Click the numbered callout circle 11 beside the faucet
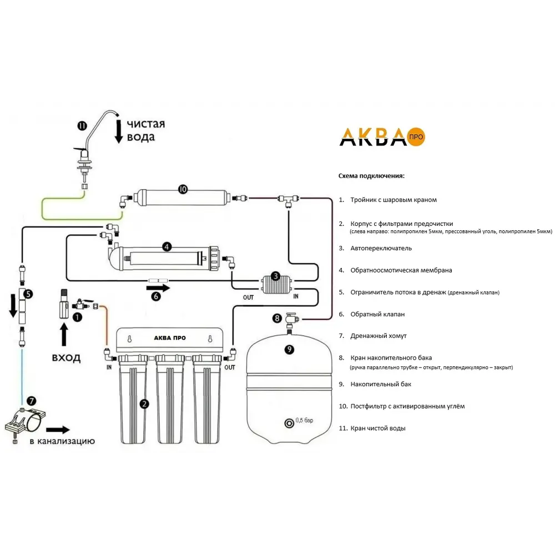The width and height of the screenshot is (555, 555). [x=82, y=125]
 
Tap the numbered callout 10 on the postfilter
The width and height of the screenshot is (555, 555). [x=183, y=189]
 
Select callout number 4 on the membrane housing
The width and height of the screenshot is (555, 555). [x=166, y=247]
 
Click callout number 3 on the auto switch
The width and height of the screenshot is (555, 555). [x=275, y=276]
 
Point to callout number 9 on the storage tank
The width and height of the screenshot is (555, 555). [x=289, y=349]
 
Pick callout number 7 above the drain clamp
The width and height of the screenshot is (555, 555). [x=31, y=400]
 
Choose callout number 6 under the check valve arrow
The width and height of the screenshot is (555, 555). [x=157, y=296]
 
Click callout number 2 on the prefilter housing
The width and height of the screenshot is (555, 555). [x=144, y=403]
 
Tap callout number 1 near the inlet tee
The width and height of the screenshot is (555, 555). [x=77, y=317]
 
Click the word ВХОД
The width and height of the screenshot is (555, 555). [x=66, y=357]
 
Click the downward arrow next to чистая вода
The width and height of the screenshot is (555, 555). [x=118, y=132]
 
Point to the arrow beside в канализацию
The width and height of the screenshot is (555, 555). [x=58, y=429]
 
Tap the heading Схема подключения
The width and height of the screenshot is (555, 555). [x=371, y=176]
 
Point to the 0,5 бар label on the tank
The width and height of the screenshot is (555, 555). [x=305, y=420]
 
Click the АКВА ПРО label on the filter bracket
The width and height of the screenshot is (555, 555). [x=170, y=337]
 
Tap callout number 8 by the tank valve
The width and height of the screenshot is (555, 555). [x=277, y=318]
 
